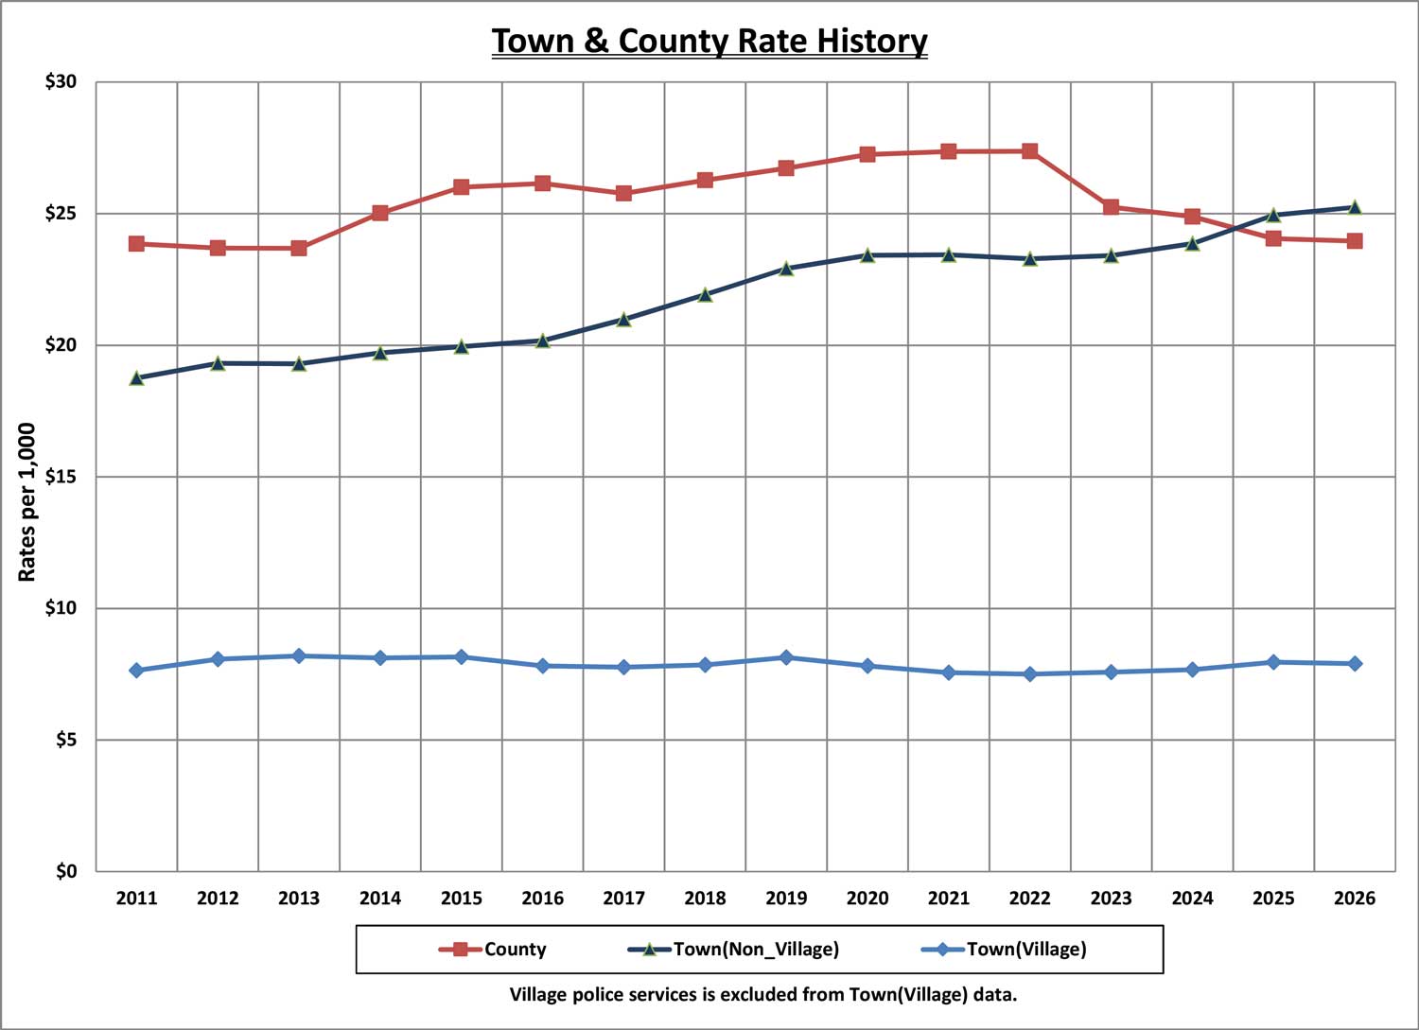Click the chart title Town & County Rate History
[709, 42]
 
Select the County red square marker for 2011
[136, 244]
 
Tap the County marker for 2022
[1029, 151]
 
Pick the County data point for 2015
[461, 187]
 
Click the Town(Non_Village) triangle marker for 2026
[1354, 207]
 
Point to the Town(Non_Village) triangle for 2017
[623, 320]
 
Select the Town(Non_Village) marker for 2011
[136, 378]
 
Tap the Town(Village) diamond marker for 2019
[786, 657]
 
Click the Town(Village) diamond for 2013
[299, 655]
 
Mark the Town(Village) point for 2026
[1354, 664]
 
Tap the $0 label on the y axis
[65, 871]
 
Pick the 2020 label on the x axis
[867, 899]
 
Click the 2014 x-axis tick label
[380, 899]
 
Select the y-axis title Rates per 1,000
[27, 502]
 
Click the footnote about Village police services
[763, 995]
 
